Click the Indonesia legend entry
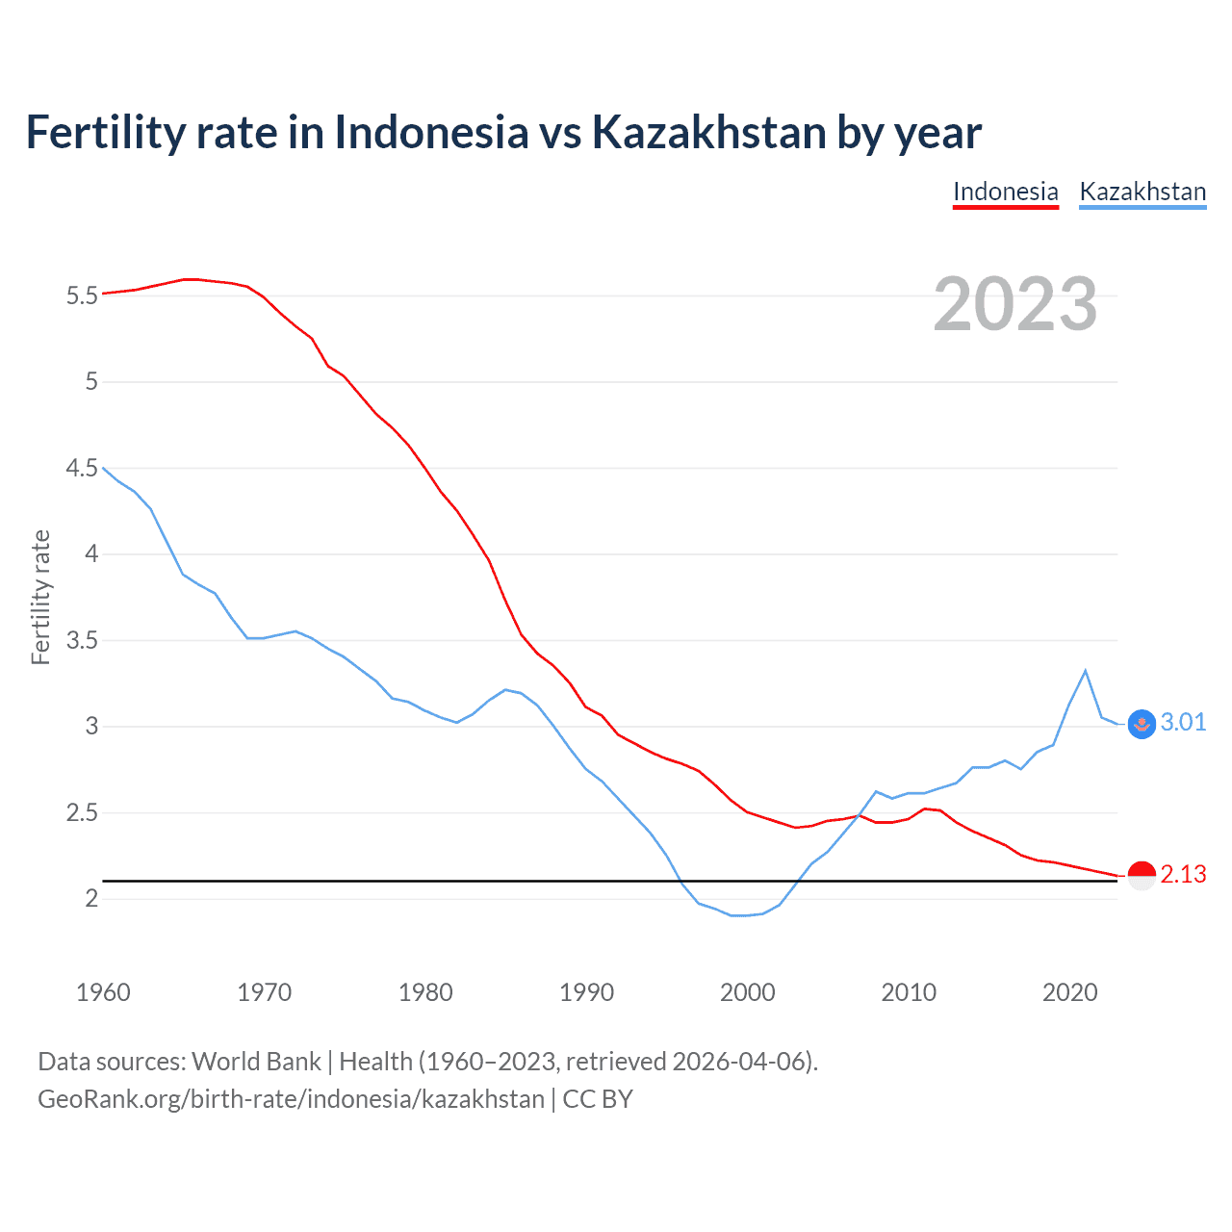pyautogui.click(x=1005, y=192)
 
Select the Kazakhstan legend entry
pyautogui.click(x=1142, y=192)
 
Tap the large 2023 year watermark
pyautogui.click(x=1015, y=304)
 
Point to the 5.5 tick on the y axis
pyautogui.click(x=83, y=295)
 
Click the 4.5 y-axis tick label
pyautogui.click(x=83, y=468)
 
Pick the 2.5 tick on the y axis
pyautogui.click(x=83, y=813)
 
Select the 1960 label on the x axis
pyautogui.click(x=103, y=992)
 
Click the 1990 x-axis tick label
pyautogui.click(x=586, y=992)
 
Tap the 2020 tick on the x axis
pyautogui.click(x=1069, y=992)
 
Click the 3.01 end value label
pyautogui.click(x=1183, y=723)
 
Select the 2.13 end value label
pyautogui.click(x=1183, y=875)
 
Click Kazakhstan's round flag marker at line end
pyautogui.click(x=1142, y=724)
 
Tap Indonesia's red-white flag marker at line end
pyautogui.click(x=1142, y=876)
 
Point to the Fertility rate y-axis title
pyautogui.click(x=40, y=597)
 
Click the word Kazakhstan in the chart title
pyautogui.click(x=708, y=133)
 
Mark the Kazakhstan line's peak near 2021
pyautogui.click(x=1086, y=671)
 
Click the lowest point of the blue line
pyautogui.click(x=739, y=915)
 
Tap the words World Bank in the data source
pyautogui.click(x=256, y=1062)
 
